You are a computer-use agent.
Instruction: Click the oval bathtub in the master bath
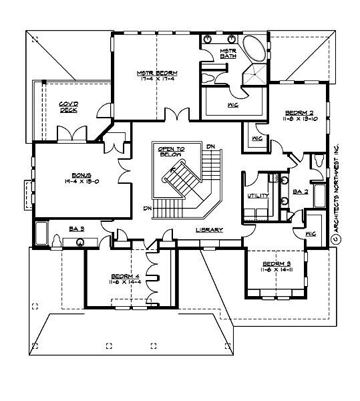click(252, 50)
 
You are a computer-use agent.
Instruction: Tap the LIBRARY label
click(208, 230)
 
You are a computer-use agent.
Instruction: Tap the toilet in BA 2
click(318, 162)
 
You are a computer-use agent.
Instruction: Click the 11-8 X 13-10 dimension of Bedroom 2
click(296, 118)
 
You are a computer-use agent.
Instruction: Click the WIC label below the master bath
click(234, 104)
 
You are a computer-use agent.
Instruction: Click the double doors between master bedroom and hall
click(176, 116)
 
